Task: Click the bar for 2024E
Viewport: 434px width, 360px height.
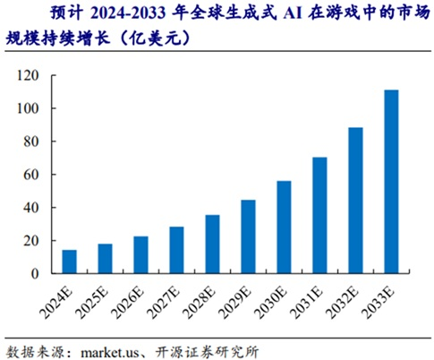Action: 69,261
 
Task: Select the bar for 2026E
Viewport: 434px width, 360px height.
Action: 140,254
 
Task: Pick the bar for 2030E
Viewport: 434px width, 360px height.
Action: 284,227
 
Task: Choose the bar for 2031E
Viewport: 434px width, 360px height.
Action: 319,215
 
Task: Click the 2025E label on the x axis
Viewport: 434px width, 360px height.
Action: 101,300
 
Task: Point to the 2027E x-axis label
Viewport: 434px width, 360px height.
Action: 173,300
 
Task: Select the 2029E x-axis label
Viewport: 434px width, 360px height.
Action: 244,300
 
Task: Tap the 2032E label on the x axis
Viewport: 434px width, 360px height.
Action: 352,300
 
